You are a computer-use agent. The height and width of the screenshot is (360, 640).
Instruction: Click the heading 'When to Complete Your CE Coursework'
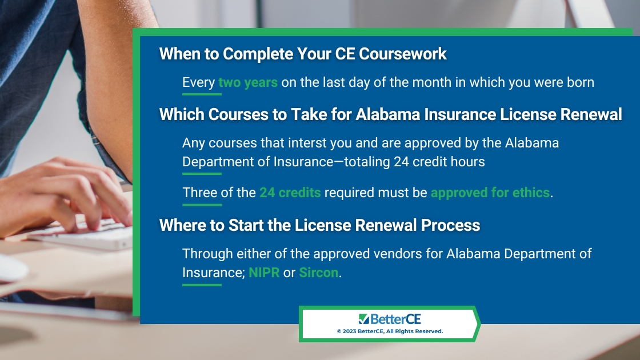pos(303,54)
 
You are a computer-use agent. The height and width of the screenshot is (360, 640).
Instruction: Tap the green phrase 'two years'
pos(248,82)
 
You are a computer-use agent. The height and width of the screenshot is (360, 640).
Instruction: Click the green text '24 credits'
pos(290,192)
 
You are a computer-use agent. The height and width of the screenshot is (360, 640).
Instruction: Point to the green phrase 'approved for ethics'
pos(490,193)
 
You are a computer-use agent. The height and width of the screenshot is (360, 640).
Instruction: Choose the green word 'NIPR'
pos(264,272)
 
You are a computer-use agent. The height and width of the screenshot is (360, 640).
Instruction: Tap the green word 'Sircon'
pos(318,272)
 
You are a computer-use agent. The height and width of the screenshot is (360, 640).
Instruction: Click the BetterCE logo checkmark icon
pos(363,319)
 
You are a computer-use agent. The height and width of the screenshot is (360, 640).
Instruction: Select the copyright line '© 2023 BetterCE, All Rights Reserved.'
pos(390,331)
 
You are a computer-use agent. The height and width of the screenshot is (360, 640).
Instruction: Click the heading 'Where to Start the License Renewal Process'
pos(319,225)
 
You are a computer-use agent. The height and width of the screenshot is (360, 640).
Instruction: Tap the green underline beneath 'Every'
pos(202,94)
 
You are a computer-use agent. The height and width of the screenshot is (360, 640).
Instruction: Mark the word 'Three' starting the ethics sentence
pos(199,192)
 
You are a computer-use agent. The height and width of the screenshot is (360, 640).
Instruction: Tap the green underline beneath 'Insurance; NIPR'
pos(202,285)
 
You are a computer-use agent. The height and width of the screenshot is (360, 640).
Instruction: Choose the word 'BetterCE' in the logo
pos(395,319)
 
